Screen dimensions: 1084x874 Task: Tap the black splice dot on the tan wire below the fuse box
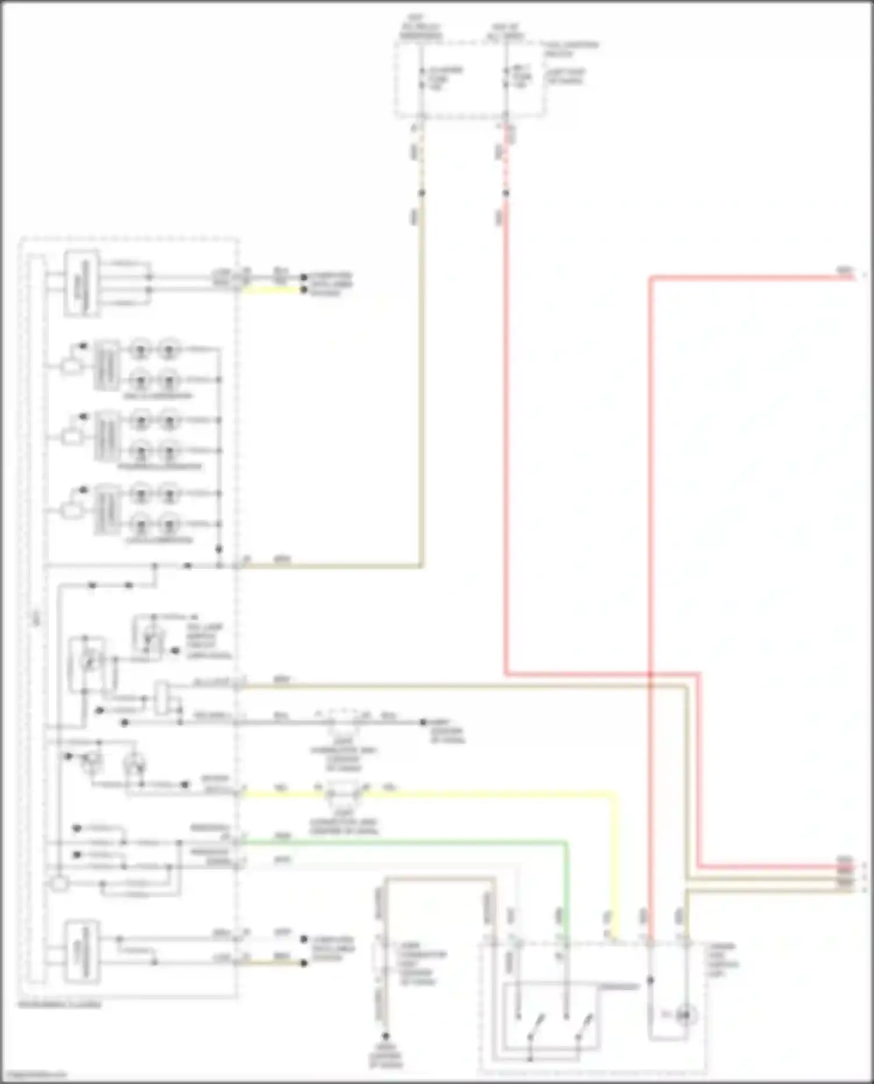point(421,193)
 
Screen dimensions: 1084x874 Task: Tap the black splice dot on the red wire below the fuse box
point(506,193)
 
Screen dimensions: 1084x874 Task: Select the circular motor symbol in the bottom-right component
point(685,1015)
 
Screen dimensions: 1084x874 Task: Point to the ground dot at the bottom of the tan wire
point(385,1037)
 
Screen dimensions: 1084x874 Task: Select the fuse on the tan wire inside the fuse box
point(422,79)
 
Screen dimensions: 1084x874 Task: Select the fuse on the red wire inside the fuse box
point(506,79)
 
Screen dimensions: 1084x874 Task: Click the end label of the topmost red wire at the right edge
point(844,270)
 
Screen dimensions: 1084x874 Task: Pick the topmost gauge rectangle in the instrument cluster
point(81,283)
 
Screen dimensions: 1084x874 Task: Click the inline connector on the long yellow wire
point(343,793)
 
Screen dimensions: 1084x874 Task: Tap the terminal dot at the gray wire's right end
point(424,722)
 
